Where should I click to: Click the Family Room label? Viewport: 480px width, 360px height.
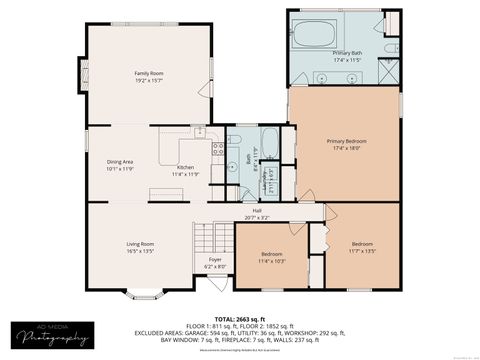[x=149, y=73]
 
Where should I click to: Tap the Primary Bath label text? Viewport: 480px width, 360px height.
[x=348, y=52]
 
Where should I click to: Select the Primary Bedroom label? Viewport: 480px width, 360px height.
[x=343, y=141]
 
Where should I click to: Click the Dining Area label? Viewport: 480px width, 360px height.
[x=121, y=161]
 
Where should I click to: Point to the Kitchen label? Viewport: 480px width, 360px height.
[x=186, y=167]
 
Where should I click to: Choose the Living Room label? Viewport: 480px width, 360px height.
[x=139, y=244]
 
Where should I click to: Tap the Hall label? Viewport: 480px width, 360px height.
[x=257, y=210]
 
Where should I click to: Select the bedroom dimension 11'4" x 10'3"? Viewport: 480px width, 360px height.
[x=273, y=261]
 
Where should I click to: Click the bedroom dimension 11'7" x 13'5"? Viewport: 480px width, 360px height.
[x=363, y=251]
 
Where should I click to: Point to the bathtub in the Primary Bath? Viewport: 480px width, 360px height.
[x=315, y=34]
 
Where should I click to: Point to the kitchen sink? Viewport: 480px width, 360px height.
[x=200, y=131]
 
